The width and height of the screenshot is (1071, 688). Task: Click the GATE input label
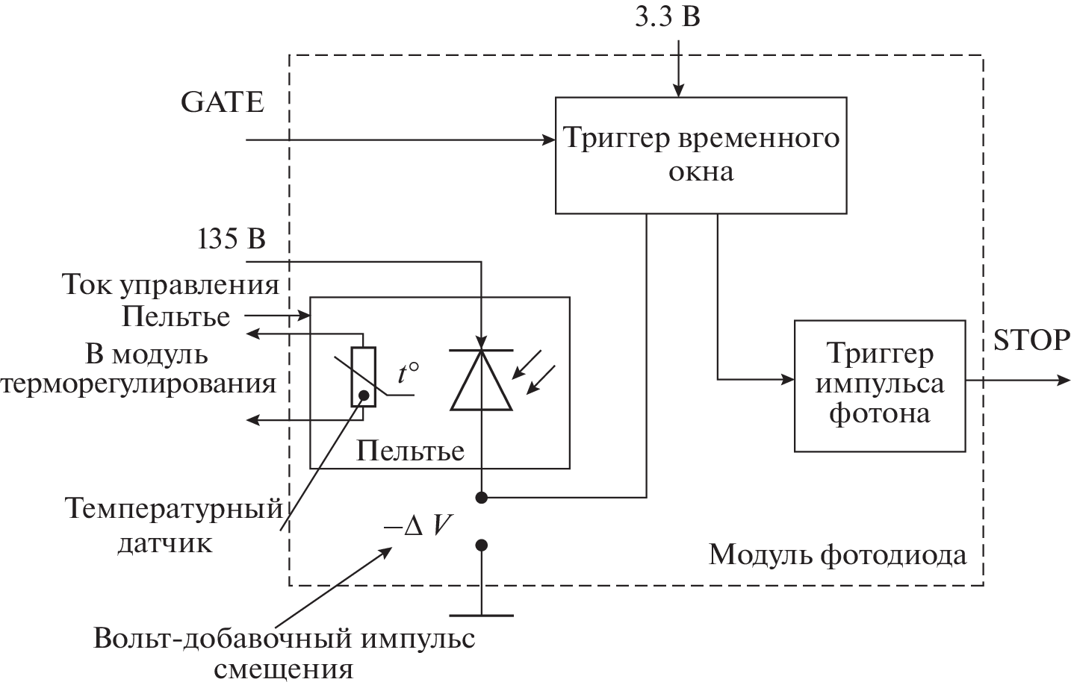(222, 102)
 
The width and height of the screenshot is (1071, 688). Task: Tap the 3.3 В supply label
(667, 16)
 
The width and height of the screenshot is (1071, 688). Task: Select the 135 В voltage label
(232, 239)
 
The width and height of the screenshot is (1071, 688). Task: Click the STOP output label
(1031, 340)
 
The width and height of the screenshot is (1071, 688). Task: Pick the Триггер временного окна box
(701, 155)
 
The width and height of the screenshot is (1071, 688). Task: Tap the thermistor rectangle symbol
(364, 377)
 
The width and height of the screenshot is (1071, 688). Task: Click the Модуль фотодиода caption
(836, 554)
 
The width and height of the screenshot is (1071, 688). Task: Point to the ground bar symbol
(482, 616)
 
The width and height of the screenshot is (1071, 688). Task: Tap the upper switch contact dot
(482, 497)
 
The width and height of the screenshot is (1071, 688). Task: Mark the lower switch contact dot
(482, 545)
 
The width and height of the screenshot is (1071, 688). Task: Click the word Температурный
(173, 510)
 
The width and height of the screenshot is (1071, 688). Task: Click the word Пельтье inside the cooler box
(410, 450)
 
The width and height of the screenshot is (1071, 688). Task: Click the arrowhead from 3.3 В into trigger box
(678, 91)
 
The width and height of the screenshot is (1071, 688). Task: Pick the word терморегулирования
(139, 384)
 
